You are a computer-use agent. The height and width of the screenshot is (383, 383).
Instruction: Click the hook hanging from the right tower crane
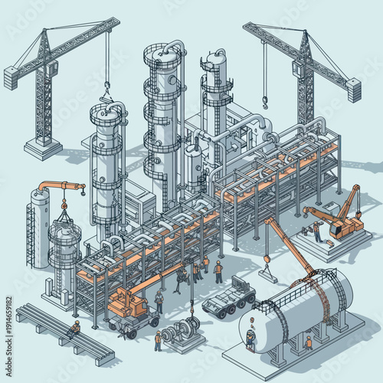coord(265,101)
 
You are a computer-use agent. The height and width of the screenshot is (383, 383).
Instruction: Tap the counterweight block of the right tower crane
coord(353,90)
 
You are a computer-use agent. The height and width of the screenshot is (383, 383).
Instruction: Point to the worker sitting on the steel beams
coord(74,329)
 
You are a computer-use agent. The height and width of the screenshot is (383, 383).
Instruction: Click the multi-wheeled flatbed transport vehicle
coord(228,296)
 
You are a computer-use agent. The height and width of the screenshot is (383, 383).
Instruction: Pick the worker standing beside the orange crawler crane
coord(316,231)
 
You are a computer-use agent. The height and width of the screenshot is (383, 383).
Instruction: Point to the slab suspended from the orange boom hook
coord(267,269)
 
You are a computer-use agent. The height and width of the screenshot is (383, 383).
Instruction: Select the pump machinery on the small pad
coord(185,331)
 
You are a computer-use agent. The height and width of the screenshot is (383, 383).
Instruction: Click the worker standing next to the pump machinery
coord(158,339)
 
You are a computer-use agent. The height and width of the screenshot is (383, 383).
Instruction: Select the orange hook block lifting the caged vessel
coord(64,205)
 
